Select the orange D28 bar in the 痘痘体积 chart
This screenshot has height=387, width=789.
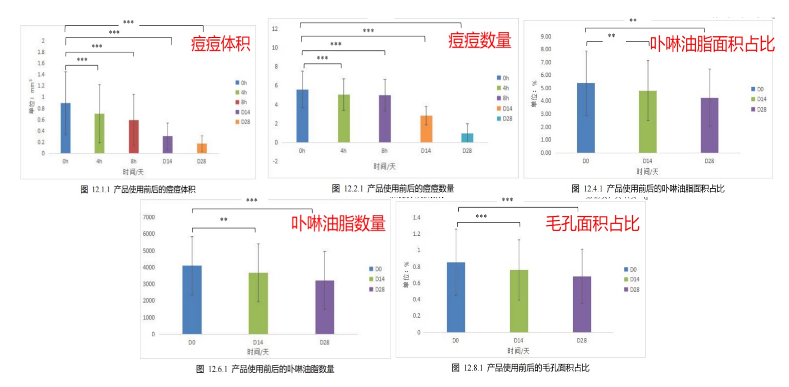[202, 148]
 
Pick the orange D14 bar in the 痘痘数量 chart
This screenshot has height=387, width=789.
[426, 129]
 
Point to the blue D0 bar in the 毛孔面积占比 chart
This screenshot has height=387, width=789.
[455, 297]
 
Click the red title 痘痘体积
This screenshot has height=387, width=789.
[220, 43]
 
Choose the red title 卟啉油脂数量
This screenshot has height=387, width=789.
[338, 223]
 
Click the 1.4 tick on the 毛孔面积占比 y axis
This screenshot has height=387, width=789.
[416, 218]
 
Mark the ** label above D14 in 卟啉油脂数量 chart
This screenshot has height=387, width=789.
[224, 220]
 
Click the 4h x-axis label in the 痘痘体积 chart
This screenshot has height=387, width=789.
[99, 160]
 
